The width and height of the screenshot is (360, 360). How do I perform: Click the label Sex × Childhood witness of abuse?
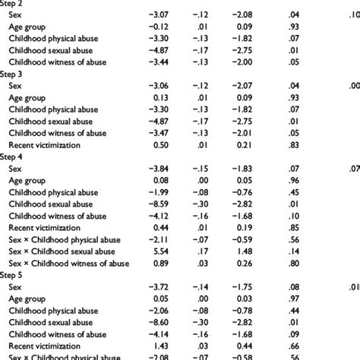69,264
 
